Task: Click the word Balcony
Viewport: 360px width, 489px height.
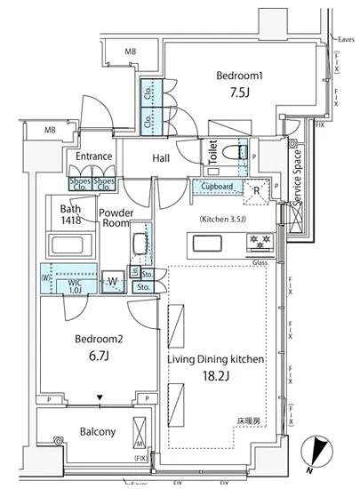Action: click(92, 432)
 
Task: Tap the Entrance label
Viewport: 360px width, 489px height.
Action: click(94, 156)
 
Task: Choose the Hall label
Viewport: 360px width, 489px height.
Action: click(161, 158)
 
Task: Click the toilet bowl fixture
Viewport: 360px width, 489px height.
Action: click(237, 152)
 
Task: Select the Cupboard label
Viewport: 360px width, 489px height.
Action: click(217, 187)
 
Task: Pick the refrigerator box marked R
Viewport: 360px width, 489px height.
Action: click(256, 190)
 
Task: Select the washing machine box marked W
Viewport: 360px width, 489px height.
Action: click(112, 281)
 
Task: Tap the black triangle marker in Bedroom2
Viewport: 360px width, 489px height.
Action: click(100, 398)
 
